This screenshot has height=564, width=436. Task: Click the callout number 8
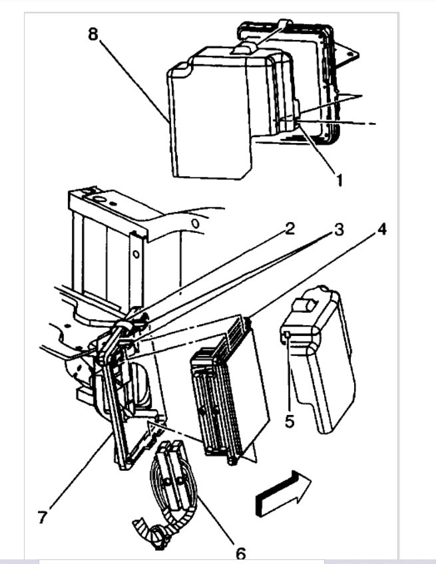[93, 34]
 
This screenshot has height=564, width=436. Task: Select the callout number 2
[289, 229]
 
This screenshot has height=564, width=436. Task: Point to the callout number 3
[339, 231]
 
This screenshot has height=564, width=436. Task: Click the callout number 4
[381, 231]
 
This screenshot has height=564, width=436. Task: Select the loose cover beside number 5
[320, 359]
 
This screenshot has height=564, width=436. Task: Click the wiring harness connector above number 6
[172, 469]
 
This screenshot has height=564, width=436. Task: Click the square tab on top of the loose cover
[307, 304]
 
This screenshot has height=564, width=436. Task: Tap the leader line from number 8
[133, 80]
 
